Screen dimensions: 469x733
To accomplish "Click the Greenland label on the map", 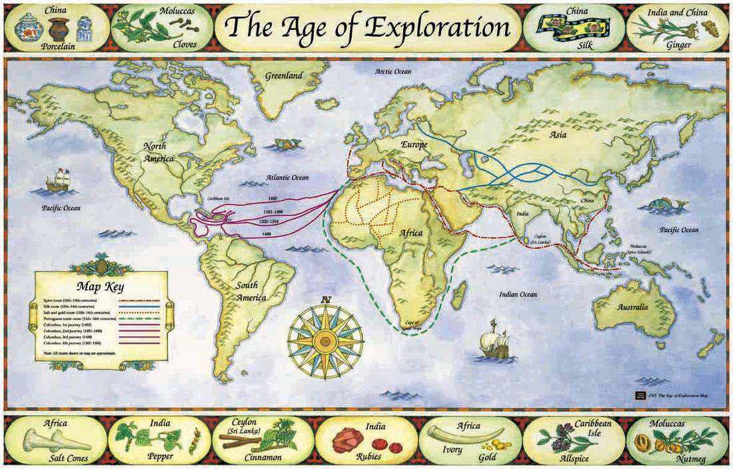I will coord(284,75).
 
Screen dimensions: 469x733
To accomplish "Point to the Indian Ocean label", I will coord(518,294).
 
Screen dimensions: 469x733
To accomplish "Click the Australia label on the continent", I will coord(632,307).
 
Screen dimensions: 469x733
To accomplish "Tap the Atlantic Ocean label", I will coord(288,178).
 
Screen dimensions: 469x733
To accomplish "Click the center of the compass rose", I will coord(325,341).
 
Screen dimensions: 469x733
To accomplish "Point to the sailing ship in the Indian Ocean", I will coord(494,340).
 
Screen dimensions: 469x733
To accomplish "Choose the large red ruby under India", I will coord(347,441).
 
